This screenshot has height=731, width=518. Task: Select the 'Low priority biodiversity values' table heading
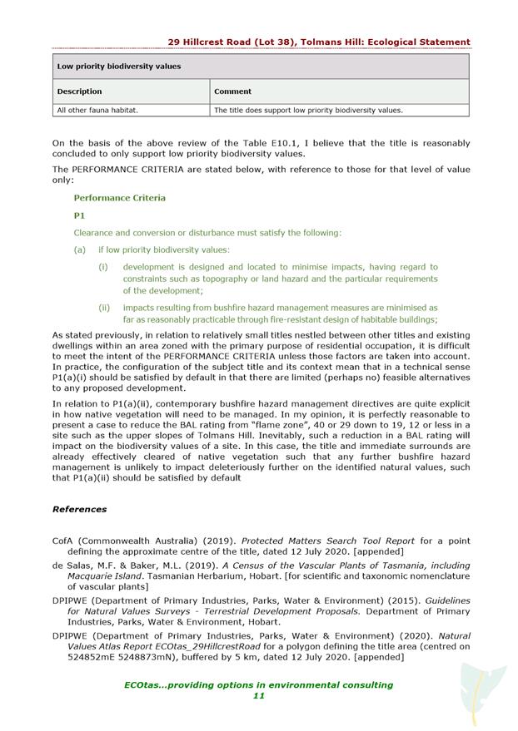pos(119,67)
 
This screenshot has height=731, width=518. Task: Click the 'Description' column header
pos(80,91)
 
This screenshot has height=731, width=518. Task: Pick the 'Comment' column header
pos(233,91)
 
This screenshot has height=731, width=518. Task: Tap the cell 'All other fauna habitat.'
pos(97,110)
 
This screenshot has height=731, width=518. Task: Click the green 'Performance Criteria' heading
pos(119,198)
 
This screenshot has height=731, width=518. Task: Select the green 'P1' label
pos(80,215)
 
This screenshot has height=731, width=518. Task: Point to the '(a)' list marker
pos(80,249)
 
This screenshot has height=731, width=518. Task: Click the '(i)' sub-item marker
pos(103,267)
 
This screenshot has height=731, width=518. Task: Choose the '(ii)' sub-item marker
pos(104,308)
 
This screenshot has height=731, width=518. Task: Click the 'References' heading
pos(80,509)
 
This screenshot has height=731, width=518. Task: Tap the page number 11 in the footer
pos(258,696)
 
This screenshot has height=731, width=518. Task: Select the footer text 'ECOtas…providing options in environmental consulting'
pos(258,684)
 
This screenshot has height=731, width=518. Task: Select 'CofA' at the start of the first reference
pos(65,541)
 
